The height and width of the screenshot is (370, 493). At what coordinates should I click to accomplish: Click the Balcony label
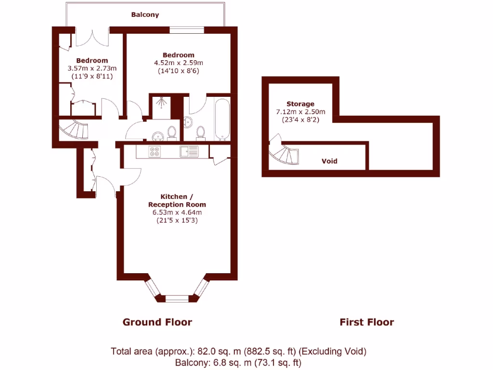[145, 15]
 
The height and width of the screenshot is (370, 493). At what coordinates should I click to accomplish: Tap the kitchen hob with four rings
[155, 152]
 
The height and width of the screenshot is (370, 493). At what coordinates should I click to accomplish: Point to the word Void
[329, 161]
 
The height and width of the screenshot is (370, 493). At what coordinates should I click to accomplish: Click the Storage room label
[300, 104]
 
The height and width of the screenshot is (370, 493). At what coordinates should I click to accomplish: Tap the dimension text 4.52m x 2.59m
[178, 63]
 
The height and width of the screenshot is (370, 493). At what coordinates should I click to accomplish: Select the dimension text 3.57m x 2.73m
[92, 68]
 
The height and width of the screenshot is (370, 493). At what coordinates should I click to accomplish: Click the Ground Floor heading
[157, 322]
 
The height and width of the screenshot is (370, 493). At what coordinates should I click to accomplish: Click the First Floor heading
[366, 322]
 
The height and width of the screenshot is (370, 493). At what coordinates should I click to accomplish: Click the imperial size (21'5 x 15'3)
[178, 220]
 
